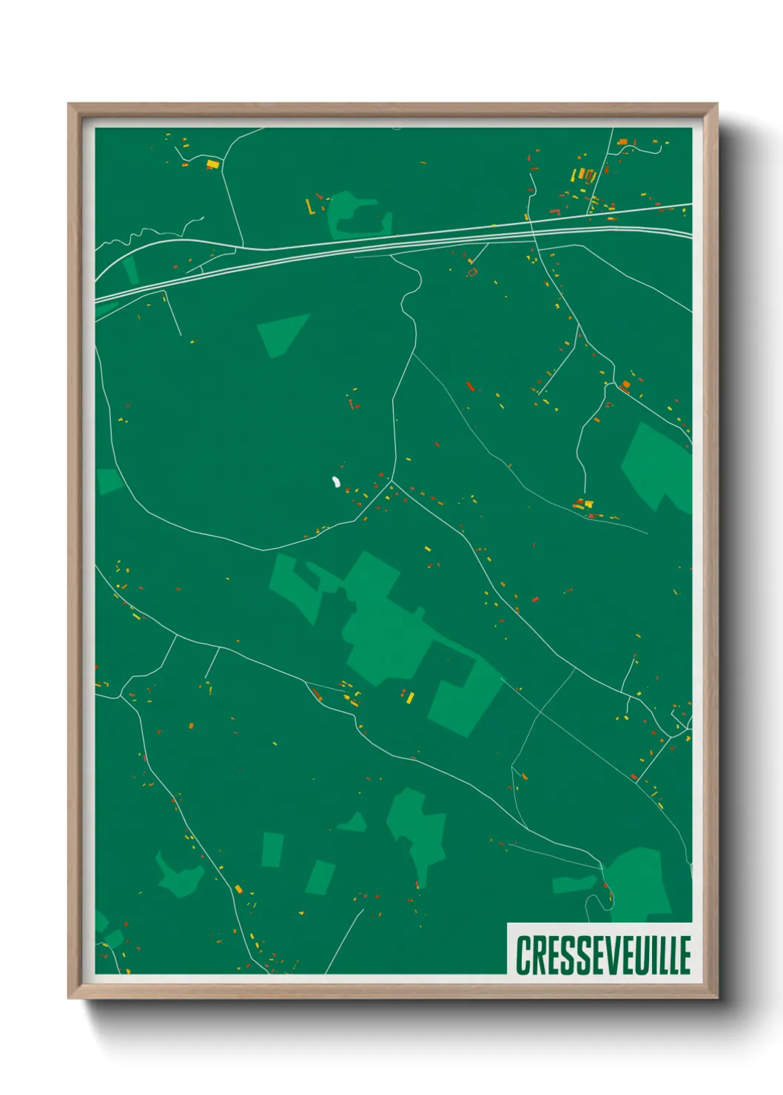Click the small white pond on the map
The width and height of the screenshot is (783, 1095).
click(x=335, y=483)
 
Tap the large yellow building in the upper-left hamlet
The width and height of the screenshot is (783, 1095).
click(x=212, y=164)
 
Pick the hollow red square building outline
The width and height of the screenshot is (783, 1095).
click(x=472, y=272)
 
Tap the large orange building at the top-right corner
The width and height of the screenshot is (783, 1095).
click(x=622, y=141)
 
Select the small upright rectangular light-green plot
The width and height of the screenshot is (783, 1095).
click(x=272, y=849)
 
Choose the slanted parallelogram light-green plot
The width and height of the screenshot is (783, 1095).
click(x=320, y=877)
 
